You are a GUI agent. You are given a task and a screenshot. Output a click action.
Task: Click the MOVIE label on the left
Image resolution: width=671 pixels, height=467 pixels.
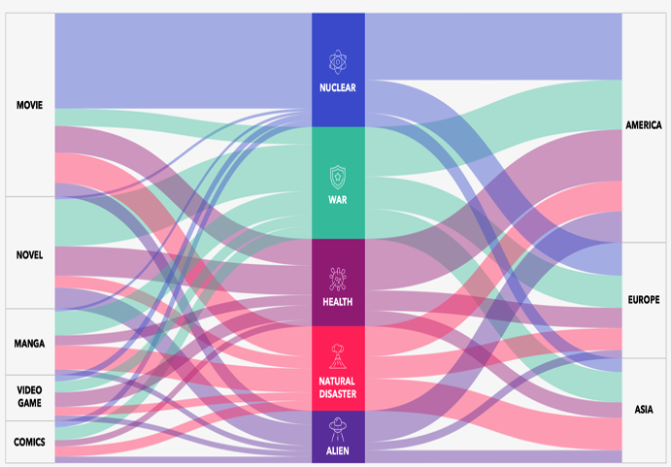29,105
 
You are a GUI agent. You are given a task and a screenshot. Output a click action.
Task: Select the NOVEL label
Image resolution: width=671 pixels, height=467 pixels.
29,255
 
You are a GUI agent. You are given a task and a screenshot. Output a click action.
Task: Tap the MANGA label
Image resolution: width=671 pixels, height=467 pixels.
29,344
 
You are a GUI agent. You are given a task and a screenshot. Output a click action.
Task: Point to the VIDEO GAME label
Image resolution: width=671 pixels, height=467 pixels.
29,396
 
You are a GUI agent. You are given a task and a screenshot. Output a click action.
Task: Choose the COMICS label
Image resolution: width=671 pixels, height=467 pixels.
29,442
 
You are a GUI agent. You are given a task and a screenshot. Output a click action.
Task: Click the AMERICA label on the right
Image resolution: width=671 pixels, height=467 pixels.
644,125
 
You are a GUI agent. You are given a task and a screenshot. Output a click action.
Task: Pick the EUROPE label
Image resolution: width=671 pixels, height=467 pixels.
644,300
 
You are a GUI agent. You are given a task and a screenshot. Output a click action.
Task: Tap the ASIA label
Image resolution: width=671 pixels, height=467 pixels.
644,410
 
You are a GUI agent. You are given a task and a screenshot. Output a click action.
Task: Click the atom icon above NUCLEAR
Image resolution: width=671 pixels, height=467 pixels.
338,62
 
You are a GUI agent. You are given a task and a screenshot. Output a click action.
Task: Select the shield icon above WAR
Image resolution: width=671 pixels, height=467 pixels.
338,178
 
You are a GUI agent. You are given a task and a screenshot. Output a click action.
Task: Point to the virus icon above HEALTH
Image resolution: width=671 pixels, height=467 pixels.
338,279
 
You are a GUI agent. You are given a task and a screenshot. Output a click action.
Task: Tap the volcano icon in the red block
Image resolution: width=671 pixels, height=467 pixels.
338,356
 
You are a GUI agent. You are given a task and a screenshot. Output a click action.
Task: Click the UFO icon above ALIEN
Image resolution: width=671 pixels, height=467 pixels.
338,430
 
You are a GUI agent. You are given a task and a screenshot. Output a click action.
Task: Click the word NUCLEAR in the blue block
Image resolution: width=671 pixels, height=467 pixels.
338,87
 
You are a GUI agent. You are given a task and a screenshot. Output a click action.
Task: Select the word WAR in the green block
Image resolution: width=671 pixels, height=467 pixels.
338,200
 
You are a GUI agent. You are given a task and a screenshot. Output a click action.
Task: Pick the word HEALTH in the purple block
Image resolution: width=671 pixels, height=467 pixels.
338,302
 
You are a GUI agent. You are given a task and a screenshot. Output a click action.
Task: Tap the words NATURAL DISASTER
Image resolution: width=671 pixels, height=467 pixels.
338,387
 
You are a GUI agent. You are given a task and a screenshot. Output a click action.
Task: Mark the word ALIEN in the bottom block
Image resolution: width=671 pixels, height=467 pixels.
338,450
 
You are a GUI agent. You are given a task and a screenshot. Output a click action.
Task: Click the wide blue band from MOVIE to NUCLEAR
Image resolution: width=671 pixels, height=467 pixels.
184,61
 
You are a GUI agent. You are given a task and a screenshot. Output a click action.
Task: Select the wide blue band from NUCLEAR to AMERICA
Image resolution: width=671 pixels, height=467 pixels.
493,47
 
